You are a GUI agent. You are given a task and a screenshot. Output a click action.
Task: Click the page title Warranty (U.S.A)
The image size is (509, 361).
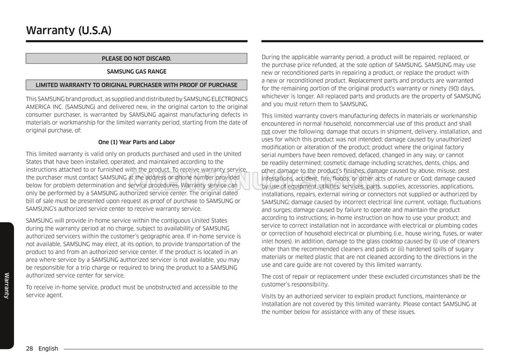pos(69,30)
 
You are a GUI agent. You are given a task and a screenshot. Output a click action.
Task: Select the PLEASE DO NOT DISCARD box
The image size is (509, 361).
pos(136,59)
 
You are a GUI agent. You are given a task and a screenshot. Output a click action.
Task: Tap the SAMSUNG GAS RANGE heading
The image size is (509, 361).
pos(136,72)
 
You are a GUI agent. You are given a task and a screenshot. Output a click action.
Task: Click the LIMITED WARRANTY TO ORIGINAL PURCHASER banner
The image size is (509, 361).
pos(136,85)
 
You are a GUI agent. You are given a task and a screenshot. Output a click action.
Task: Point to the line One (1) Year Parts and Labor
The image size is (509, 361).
pos(136,142)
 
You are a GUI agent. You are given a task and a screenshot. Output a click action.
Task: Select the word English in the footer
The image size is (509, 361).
pos(48,349)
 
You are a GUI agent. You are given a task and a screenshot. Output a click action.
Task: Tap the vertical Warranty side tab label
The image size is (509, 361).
pos(6,285)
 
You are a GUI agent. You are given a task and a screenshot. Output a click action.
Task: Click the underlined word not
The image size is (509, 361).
pos(265,132)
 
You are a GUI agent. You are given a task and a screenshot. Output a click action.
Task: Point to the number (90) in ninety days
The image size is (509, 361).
pos(440,88)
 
